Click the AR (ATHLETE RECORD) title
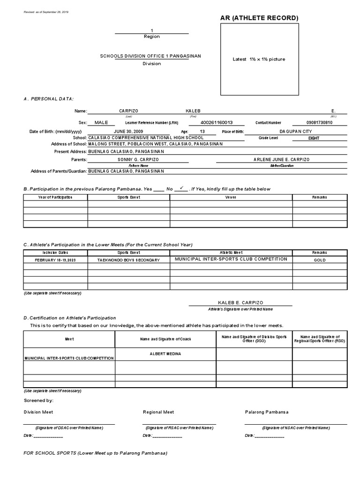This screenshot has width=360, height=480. pos(259,18)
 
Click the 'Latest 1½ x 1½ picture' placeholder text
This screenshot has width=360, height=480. pos(259,60)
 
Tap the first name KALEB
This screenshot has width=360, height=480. pos(193,111)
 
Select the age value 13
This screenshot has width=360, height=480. pos(202,132)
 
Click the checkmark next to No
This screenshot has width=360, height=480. pos(181,187)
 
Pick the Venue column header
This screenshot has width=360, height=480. pos(231,197)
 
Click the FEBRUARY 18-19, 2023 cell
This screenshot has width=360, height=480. pos(55,260)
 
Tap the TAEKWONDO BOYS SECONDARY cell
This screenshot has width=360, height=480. pos(128,260)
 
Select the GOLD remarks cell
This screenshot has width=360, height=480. pos(319,260)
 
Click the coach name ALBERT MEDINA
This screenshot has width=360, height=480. pos(165,353)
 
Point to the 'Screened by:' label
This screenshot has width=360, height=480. pos(38,400)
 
